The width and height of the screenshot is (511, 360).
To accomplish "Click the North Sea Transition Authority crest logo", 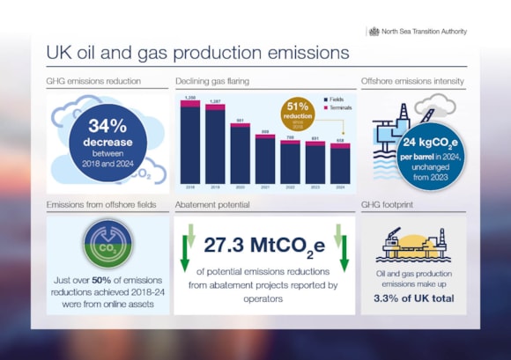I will tap(374, 31).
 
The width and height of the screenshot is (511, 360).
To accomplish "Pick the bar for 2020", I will tap(240, 153).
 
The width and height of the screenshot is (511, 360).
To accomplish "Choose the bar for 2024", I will tap(339, 164).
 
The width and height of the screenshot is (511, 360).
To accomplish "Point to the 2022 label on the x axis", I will tap(290, 187).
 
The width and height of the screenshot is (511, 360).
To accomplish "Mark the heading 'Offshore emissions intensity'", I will tap(413, 81).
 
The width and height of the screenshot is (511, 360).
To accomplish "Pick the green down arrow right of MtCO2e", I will tap(340, 251).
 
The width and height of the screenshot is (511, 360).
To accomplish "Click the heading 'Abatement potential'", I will tap(212, 204).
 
